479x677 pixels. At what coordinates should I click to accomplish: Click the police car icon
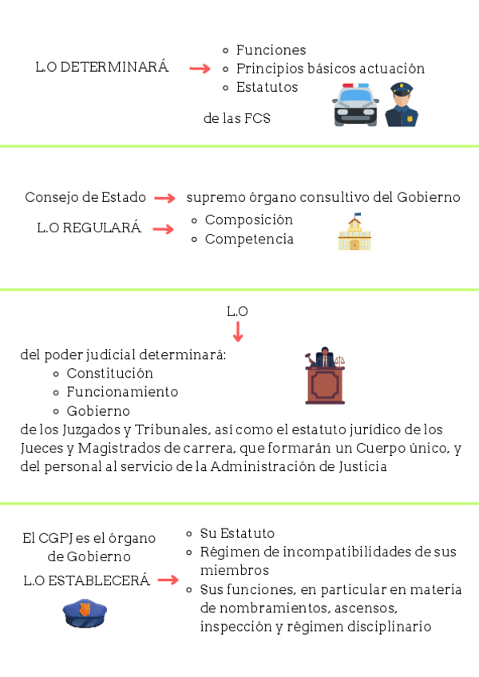(x=356, y=105)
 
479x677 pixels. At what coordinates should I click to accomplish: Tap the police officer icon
(x=402, y=105)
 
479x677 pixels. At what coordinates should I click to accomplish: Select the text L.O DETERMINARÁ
(x=102, y=68)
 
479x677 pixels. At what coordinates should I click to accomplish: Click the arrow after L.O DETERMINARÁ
(x=200, y=69)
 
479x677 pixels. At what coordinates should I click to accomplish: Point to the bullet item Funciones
(x=271, y=50)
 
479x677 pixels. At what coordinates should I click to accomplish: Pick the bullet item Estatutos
(x=267, y=87)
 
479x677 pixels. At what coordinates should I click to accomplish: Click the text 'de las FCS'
(x=237, y=118)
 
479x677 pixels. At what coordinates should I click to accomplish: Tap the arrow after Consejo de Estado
(x=164, y=198)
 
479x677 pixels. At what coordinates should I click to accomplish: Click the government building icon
(x=354, y=232)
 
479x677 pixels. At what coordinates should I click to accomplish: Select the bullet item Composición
(x=248, y=220)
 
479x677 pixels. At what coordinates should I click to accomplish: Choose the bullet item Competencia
(x=249, y=239)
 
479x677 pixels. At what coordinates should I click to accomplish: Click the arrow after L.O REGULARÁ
(x=163, y=229)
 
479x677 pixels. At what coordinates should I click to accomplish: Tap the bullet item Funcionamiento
(x=122, y=392)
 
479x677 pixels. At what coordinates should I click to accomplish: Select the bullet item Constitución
(x=109, y=373)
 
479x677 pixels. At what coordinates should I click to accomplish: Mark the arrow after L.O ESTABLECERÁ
(x=168, y=580)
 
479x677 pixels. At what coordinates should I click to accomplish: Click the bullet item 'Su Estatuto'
(x=237, y=533)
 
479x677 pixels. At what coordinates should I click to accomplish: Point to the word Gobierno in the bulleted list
(x=98, y=411)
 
